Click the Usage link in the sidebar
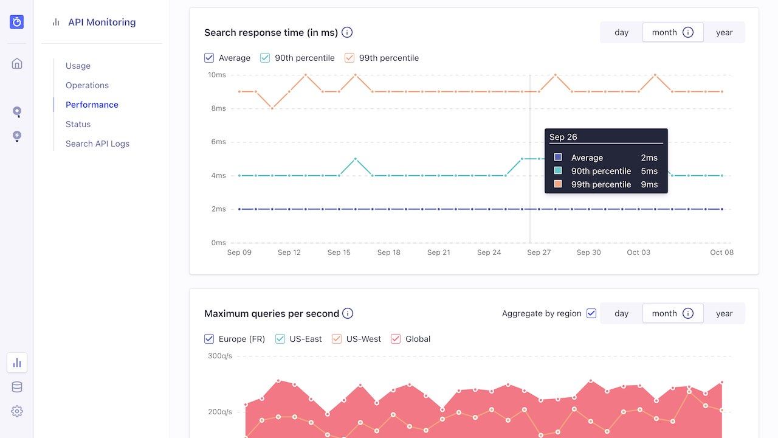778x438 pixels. tap(78, 66)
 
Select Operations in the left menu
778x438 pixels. tap(87, 85)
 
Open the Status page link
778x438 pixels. tap(78, 124)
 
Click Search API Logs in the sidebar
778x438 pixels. tap(97, 144)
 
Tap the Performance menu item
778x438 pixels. tap(92, 105)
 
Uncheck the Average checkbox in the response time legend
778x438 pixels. tap(209, 58)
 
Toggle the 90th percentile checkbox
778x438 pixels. tap(265, 58)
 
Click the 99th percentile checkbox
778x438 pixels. tap(349, 58)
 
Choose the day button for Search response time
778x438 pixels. tap(621, 32)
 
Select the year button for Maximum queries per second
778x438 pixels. tap(724, 313)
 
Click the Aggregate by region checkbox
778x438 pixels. tap(591, 313)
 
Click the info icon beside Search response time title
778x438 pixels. tap(347, 32)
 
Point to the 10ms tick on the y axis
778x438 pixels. tap(217, 75)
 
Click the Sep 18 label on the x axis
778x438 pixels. tap(388, 252)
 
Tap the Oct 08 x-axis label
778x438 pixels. tap(721, 252)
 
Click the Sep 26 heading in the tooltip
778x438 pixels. tap(563, 137)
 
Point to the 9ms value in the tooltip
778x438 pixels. tap(649, 184)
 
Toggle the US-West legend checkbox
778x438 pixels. tap(337, 339)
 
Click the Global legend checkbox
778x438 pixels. tap(396, 339)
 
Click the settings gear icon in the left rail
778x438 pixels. tap(17, 411)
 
